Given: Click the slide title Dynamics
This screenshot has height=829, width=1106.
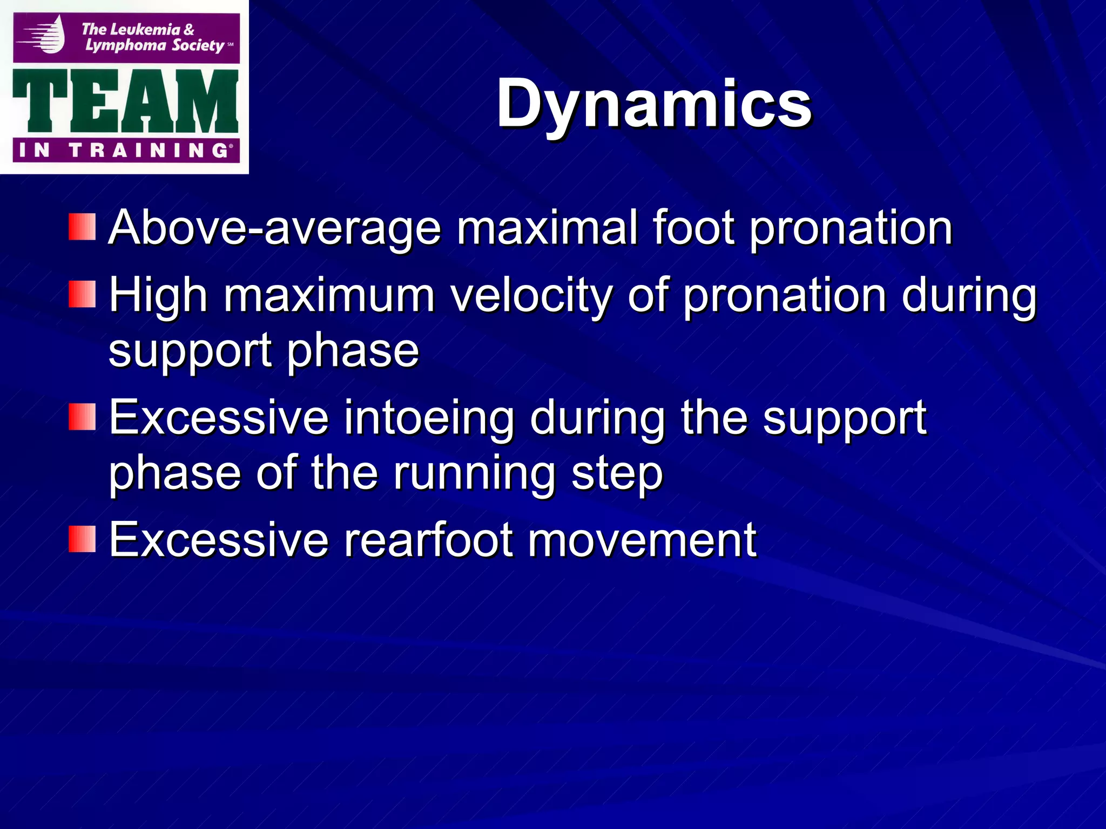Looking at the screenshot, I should coord(653,104).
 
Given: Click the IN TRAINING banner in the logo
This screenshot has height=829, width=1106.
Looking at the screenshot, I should coord(125,150).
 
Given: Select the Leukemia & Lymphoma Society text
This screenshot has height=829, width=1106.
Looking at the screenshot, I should coord(154,37).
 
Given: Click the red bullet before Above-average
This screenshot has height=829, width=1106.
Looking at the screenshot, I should coord(82,227).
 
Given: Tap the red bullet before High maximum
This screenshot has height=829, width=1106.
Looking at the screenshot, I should coord(82,294).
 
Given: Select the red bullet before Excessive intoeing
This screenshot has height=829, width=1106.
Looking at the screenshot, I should coord(82,417).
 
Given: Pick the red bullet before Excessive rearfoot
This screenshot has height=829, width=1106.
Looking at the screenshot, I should coord(82,539).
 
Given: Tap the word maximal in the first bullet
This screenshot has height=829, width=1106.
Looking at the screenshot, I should coord(547,228).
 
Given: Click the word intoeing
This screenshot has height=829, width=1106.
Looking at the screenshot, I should coord(429,418).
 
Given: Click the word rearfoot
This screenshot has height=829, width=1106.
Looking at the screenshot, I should coord(429,540).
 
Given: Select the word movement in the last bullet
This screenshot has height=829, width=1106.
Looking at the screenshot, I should coord(642,540).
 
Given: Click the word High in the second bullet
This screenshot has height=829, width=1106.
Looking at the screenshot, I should coord(158,295).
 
